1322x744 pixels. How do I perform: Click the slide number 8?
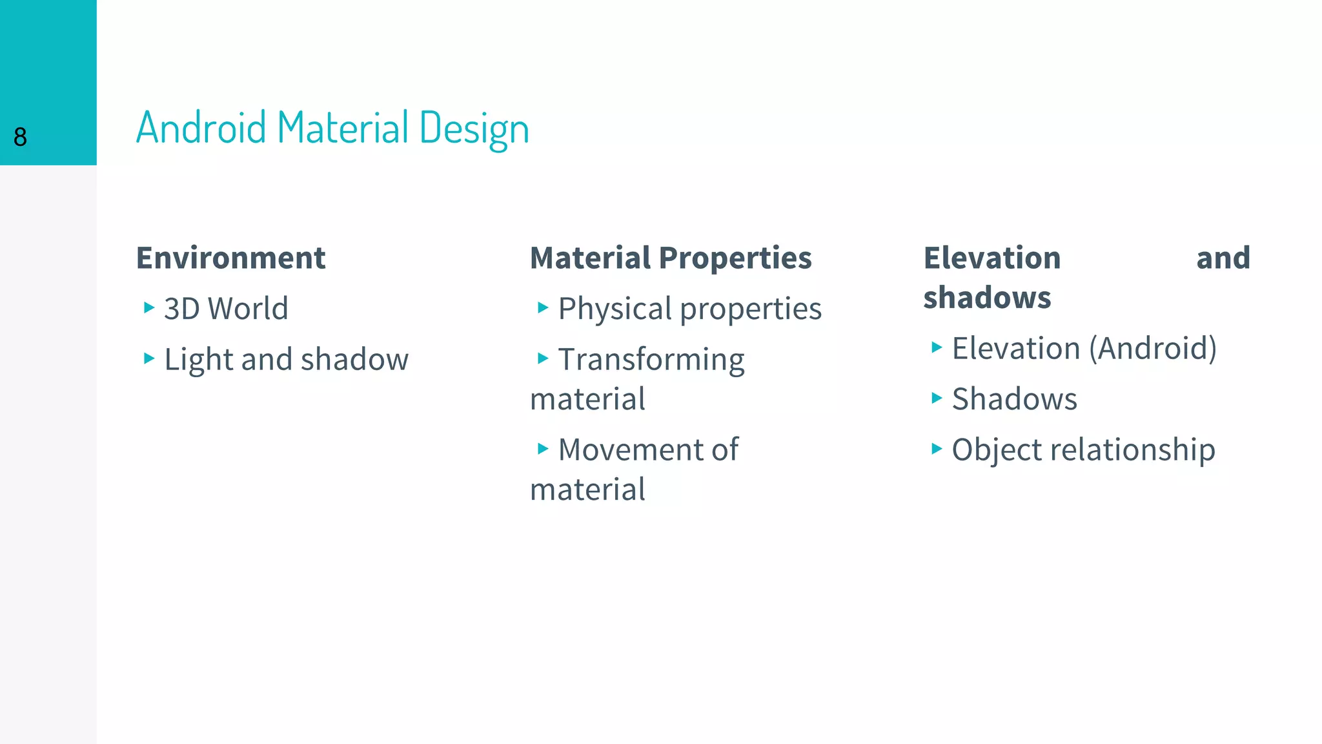20,137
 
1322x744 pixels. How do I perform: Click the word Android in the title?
201,127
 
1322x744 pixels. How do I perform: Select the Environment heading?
230,258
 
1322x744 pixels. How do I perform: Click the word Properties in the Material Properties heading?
735,258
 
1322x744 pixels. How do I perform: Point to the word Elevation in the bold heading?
992,258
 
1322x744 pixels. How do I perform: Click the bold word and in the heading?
1223,258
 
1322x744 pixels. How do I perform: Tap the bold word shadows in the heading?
987,298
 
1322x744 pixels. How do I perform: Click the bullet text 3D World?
226,309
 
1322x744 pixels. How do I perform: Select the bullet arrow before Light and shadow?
149,358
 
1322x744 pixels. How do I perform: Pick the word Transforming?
651,360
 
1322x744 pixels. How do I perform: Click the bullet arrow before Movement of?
543,448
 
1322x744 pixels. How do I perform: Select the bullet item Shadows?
1014,399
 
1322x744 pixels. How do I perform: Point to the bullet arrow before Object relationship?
937,448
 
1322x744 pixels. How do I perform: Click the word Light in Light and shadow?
198,359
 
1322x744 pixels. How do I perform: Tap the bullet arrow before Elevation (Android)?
937,347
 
